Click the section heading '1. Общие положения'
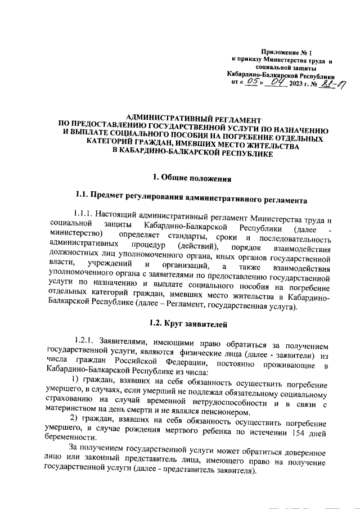point(192,179)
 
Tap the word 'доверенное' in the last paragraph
point(304,453)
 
